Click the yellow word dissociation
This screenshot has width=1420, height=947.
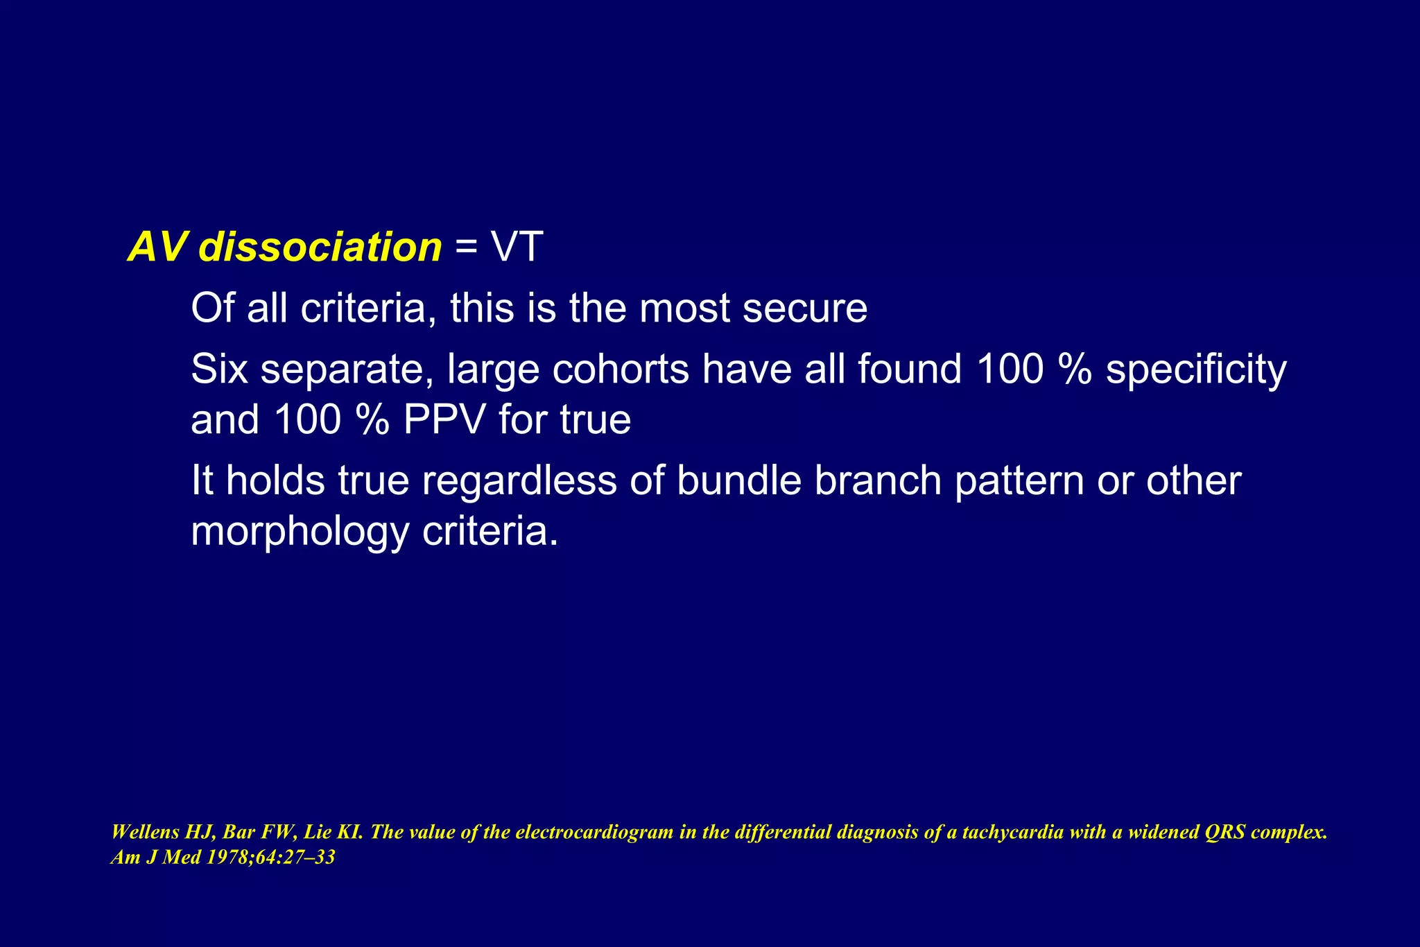(320, 247)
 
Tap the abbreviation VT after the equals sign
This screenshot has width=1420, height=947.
(517, 247)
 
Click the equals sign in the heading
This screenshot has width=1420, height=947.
(467, 248)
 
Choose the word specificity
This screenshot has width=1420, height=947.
(1196, 370)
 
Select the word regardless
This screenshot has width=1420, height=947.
(519, 481)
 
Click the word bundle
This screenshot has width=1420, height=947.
(738, 480)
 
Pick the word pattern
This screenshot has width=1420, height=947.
(1019, 481)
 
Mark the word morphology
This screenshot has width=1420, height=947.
(300, 532)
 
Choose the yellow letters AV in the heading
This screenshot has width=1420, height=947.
(158, 247)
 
